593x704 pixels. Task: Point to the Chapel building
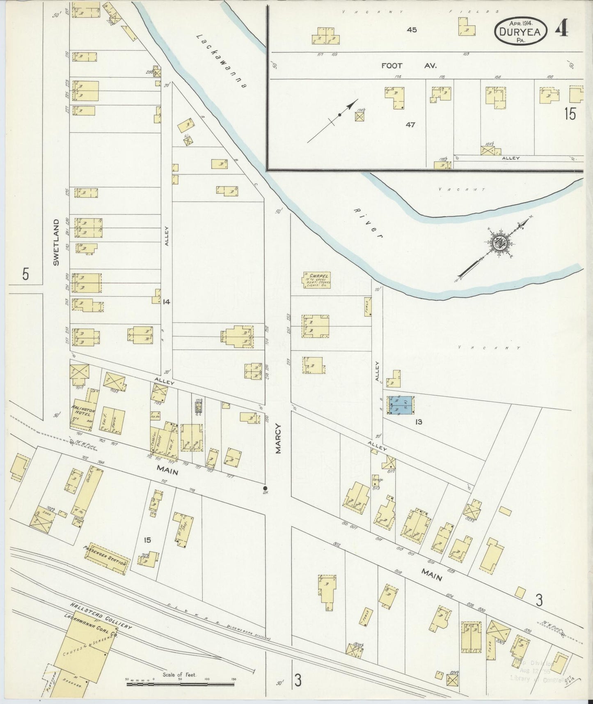317,279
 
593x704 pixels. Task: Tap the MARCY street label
279,438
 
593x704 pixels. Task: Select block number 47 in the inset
410,124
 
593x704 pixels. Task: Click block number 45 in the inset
412,30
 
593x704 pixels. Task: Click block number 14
166,302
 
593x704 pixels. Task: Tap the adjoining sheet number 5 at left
25,274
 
